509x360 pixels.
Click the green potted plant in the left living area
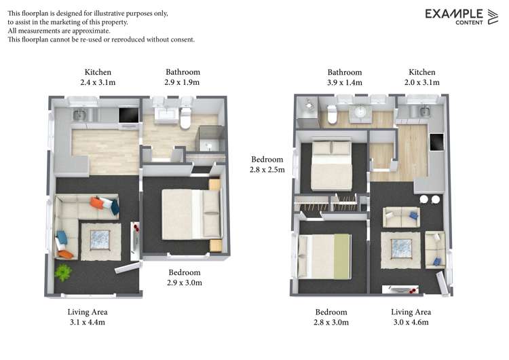[63, 272]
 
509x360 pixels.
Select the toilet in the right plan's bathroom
[332, 116]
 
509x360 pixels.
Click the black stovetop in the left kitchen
[128, 115]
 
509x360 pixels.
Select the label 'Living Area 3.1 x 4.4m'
[87, 317]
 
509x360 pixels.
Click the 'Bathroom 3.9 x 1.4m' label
[345, 77]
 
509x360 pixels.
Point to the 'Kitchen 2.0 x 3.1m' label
[421, 77]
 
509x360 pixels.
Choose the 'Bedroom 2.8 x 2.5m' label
[268, 164]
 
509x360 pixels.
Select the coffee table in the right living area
[400, 248]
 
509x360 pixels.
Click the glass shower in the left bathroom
[208, 139]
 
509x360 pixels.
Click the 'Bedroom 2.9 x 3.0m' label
[185, 277]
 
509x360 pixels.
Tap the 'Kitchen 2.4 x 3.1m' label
[98, 77]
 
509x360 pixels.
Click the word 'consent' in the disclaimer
[181, 39]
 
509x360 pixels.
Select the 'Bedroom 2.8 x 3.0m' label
[332, 317]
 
